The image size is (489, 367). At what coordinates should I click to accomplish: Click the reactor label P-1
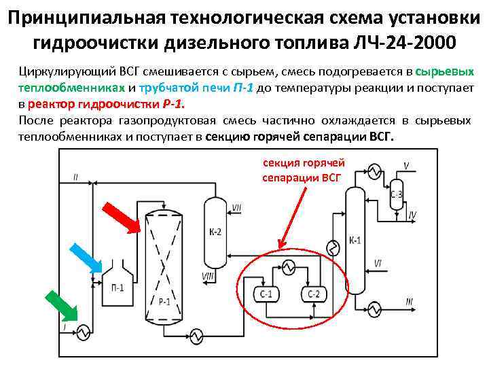pos(164,301)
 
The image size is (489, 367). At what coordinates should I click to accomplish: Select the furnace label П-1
pos(117,287)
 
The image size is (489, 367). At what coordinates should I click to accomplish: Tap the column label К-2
pos(215,232)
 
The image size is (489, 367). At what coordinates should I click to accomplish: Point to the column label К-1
pos(355,240)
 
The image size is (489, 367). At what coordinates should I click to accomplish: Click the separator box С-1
pos(266,294)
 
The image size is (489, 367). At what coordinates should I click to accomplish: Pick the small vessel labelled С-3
pos(397,196)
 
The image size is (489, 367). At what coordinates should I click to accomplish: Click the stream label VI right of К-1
pos(377,262)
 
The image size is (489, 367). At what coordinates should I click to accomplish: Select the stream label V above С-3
pos(406,165)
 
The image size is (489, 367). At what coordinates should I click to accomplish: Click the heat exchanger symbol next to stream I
pos(83,332)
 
